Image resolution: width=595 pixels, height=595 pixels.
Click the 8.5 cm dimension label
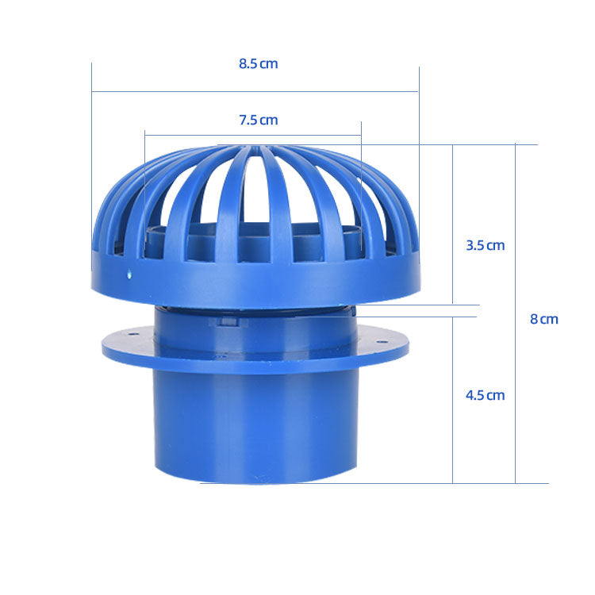259,63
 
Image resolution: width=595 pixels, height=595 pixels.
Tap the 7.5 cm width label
259,121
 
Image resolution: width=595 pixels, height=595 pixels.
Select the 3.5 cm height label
485,245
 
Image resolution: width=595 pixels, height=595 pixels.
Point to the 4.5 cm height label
485,395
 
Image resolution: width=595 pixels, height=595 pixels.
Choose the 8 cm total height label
544,319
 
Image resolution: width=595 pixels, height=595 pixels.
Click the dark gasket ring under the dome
254,310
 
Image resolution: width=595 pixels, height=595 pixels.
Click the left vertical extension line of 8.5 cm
92,159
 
